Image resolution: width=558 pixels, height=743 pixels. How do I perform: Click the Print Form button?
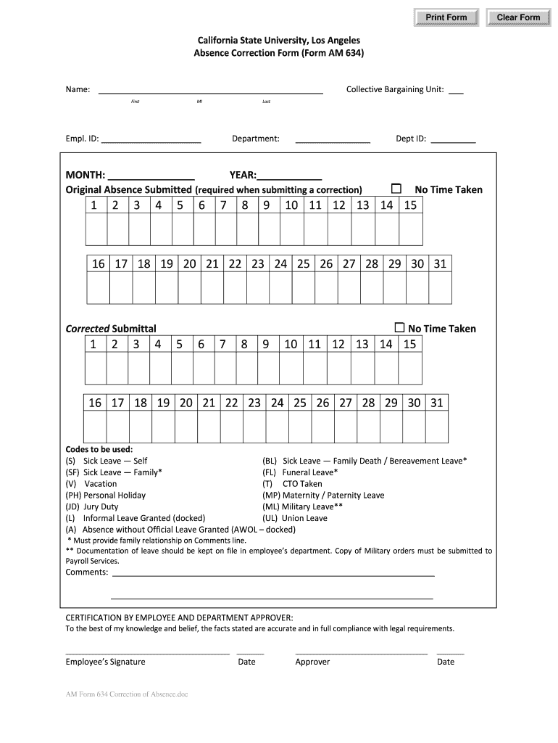[446, 17]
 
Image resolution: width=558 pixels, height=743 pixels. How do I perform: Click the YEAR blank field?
[289, 175]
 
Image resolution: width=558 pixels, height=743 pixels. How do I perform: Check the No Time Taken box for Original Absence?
[396, 189]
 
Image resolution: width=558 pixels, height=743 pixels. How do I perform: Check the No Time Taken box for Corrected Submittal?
[399, 327]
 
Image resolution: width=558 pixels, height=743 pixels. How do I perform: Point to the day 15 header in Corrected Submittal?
[410, 344]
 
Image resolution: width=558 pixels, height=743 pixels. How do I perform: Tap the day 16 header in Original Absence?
[98, 264]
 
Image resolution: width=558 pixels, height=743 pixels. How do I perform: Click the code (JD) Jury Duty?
[92, 506]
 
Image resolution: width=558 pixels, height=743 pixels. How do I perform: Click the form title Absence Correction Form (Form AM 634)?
[279, 54]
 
